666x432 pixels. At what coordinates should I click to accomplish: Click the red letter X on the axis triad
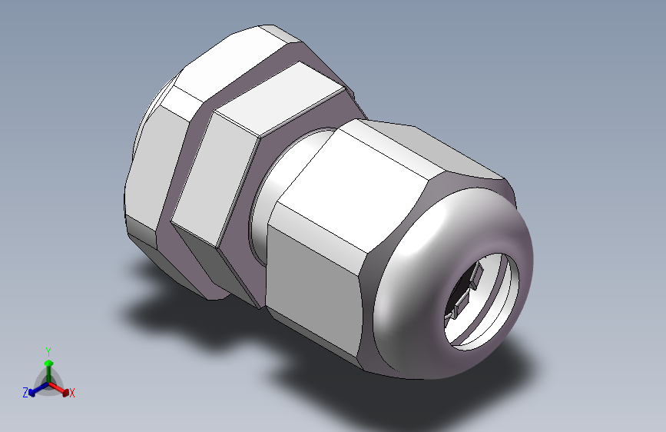click(72, 393)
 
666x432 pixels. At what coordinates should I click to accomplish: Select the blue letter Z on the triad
click(25, 392)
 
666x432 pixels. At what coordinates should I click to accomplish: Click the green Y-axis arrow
click(48, 365)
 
